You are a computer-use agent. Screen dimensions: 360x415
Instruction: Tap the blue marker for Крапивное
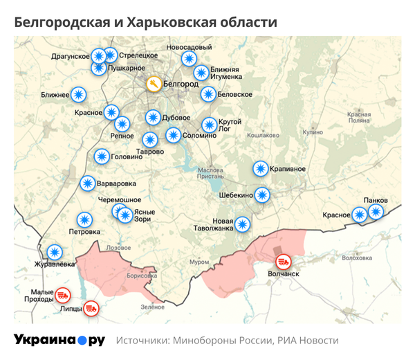pyautogui.click(x=260, y=168)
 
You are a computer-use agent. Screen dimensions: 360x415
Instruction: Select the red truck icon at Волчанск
pyautogui.click(x=283, y=262)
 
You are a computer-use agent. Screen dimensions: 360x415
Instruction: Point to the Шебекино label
pyautogui.click(x=235, y=195)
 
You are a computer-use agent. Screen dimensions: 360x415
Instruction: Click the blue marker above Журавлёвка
pyautogui.click(x=55, y=251)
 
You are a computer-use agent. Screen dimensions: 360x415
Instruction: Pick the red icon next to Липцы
pyautogui.click(x=90, y=309)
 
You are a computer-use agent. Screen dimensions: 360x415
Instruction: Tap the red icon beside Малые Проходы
pyautogui.click(x=62, y=294)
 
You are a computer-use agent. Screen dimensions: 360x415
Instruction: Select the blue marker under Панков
pyautogui.click(x=375, y=212)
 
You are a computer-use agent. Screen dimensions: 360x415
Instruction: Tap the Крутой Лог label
pyautogui.click(x=230, y=125)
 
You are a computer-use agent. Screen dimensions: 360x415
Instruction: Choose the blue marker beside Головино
pyautogui.click(x=101, y=157)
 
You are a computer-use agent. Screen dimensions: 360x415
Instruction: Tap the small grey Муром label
pyautogui.click(x=199, y=262)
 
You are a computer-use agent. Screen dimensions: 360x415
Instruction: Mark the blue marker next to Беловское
pyautogui.click(x=207, y=94)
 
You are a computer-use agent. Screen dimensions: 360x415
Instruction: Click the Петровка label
pyautogui.click(x=85, y=232)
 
